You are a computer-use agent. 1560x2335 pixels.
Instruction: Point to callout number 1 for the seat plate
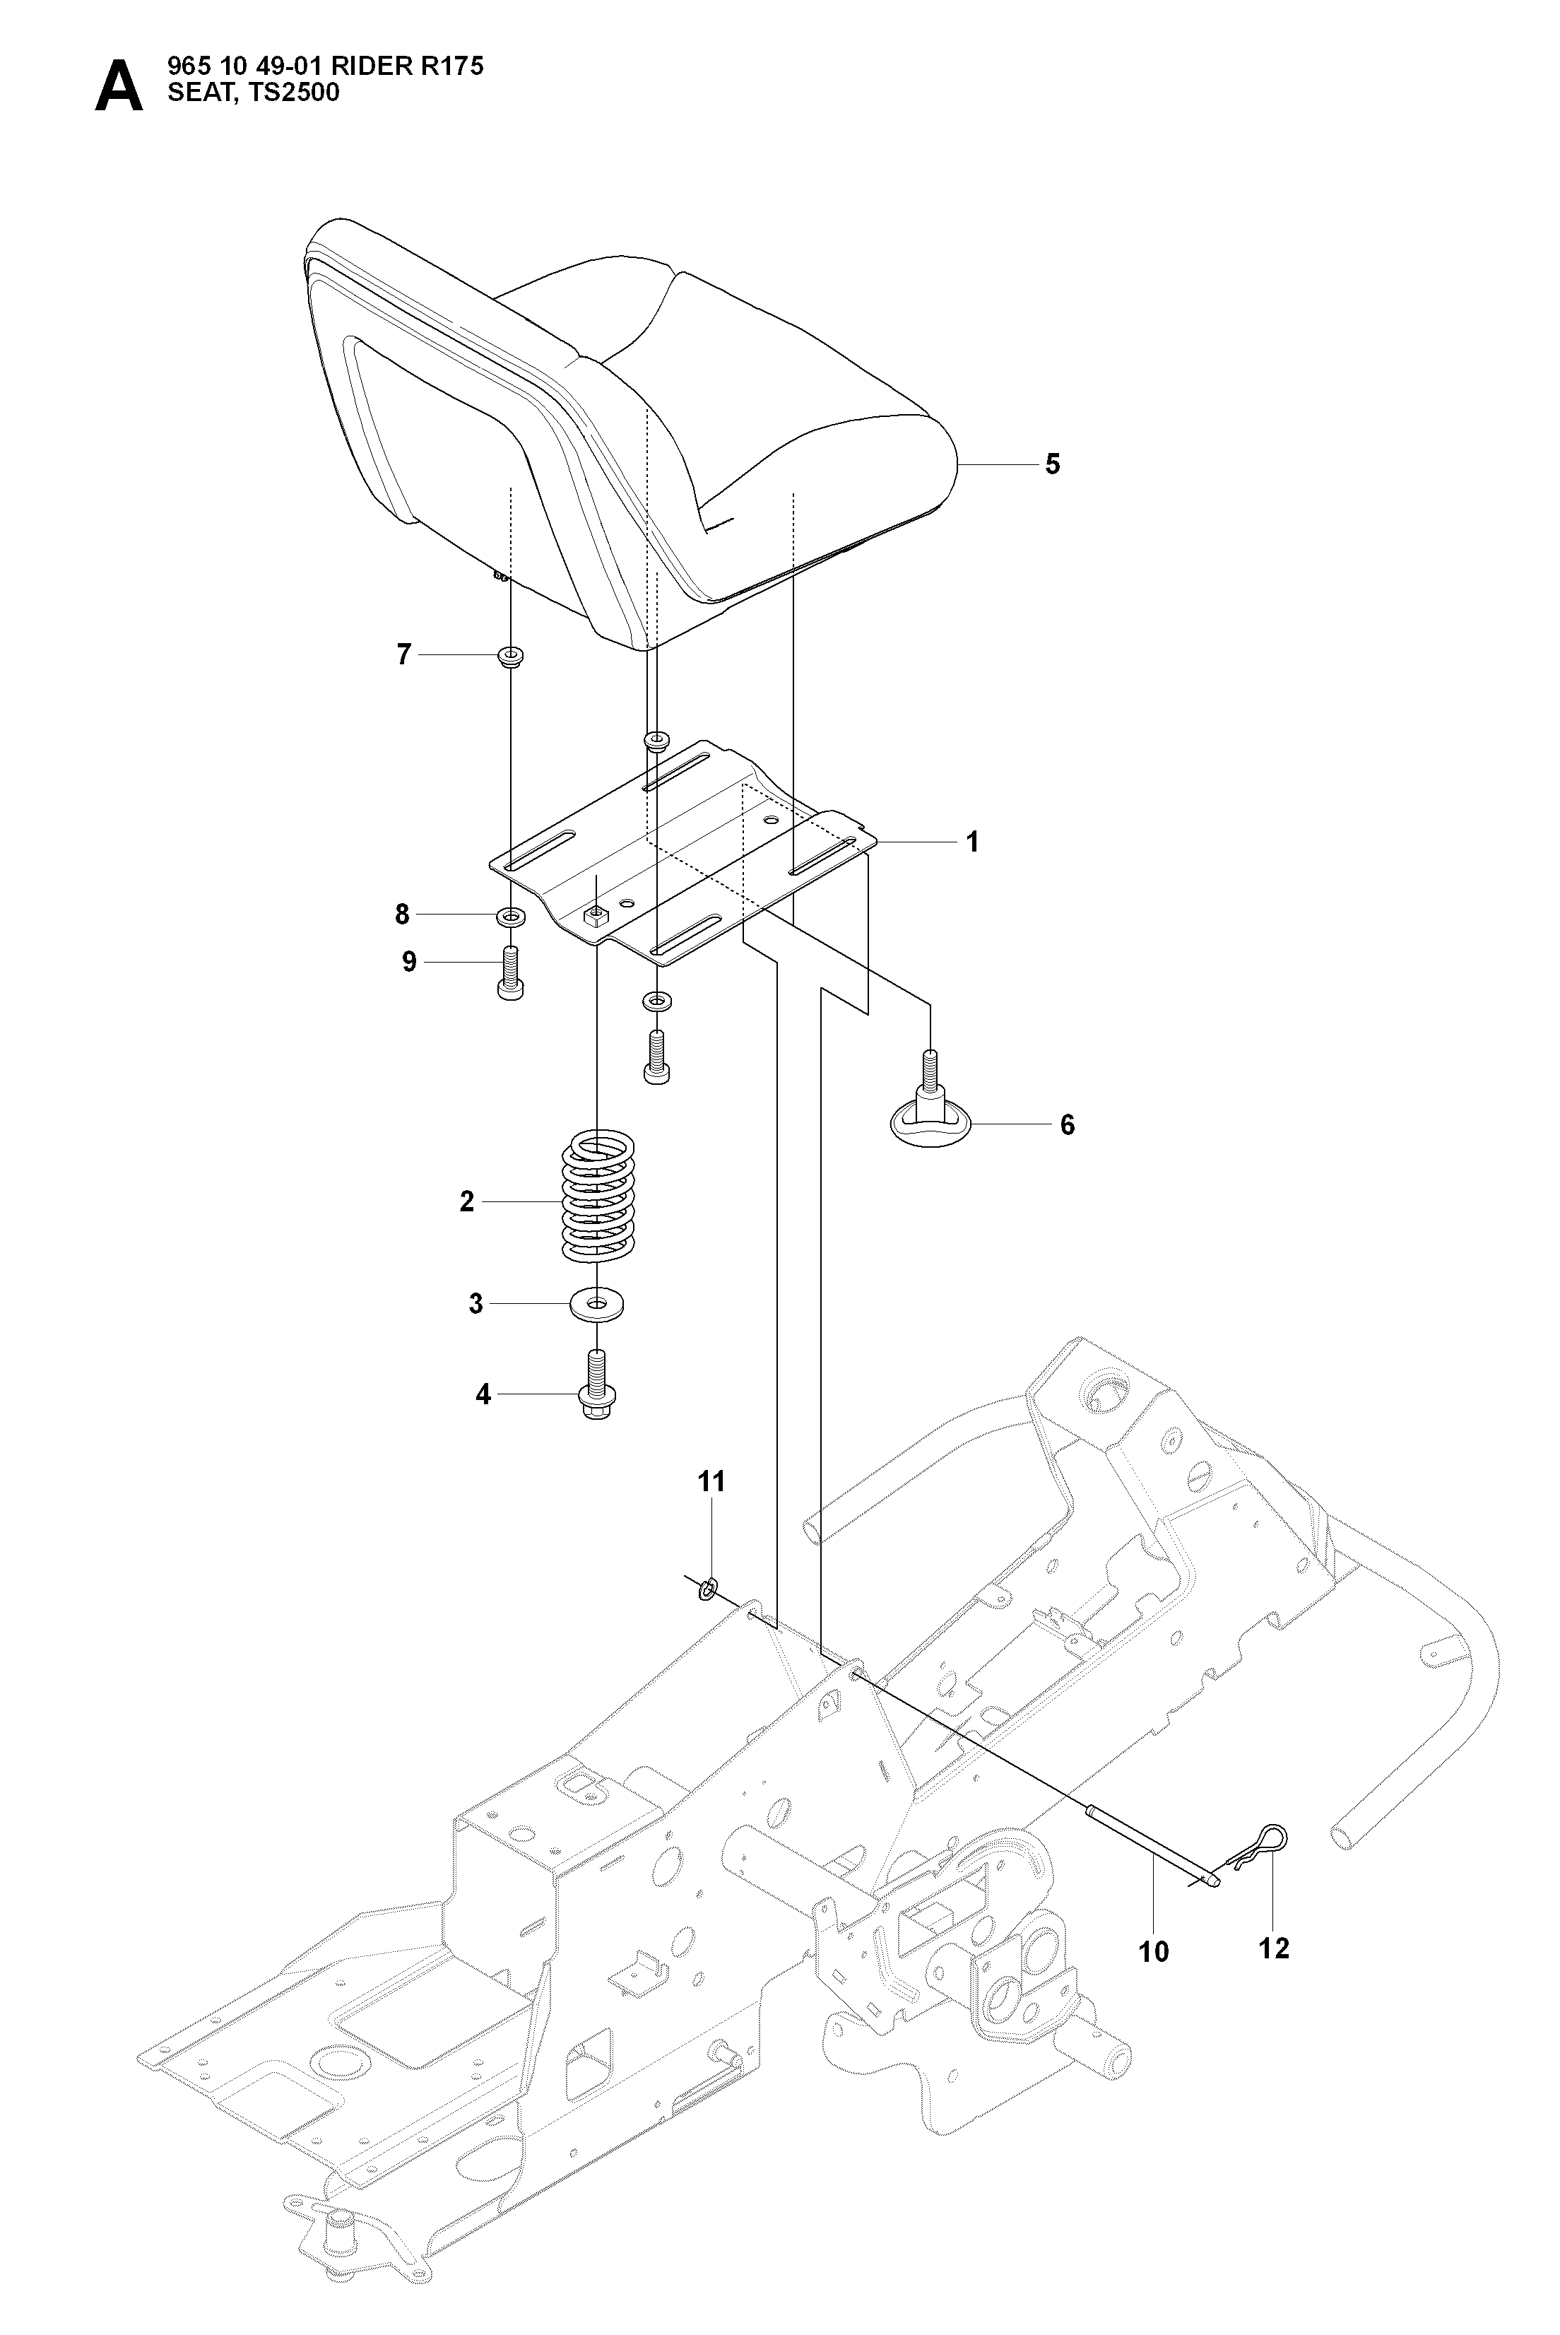click(x=972, y=842)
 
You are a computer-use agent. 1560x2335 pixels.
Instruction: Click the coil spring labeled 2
click(x=597, y=1202)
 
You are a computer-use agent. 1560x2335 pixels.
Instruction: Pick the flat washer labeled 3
click(x=597, y=1302)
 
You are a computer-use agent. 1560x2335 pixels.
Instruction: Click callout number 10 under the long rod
click(x=1154, y=1952)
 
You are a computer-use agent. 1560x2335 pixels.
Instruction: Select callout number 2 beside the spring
click(x=466, y=1202)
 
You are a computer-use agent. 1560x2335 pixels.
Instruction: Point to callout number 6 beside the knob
click(x=1067, y=1125)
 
